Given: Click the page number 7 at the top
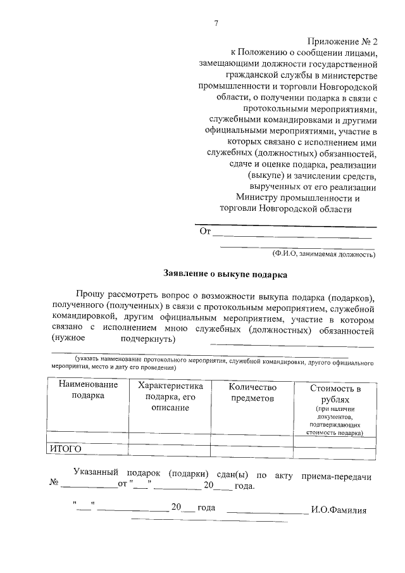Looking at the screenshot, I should point(216,24).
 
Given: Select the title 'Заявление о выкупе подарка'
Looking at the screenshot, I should point(225,275).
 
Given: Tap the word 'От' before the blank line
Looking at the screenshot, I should point(204,232).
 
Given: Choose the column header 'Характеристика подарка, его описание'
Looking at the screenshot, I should point(170,396).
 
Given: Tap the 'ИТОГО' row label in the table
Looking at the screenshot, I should point(66,449).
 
